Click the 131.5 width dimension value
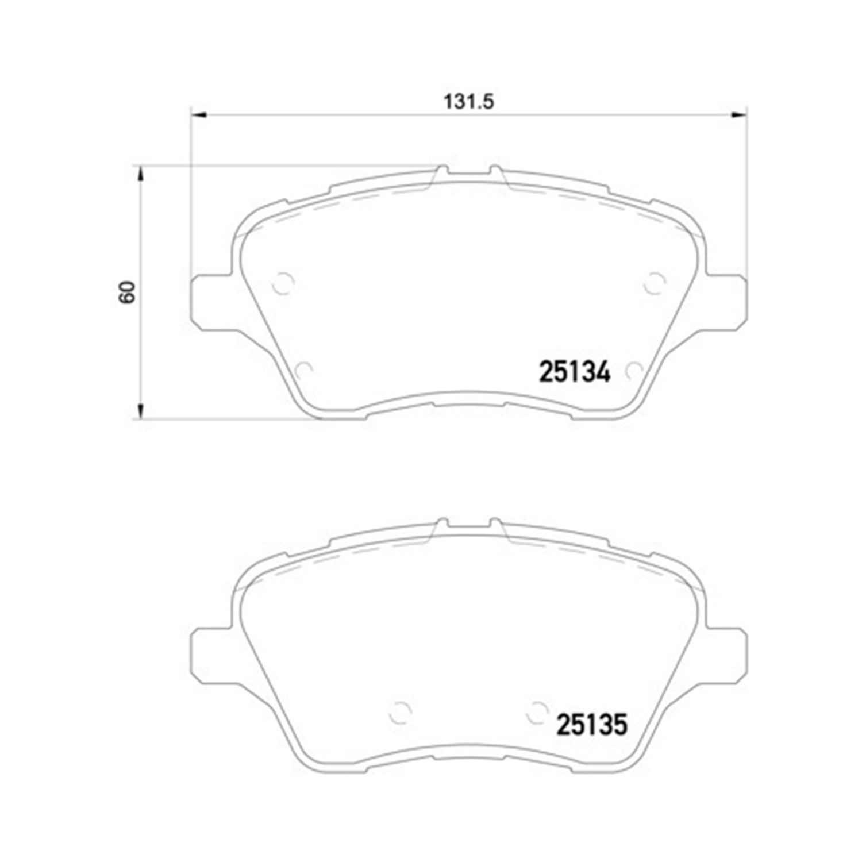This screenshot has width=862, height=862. point(468,102)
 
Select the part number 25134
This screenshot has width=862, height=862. point(574,372)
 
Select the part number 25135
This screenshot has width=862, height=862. point(591,725)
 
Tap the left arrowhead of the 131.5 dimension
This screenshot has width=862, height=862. point(198,116)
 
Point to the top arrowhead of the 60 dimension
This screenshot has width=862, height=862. point(140,174)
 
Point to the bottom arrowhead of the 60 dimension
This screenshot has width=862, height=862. point(140,411)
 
